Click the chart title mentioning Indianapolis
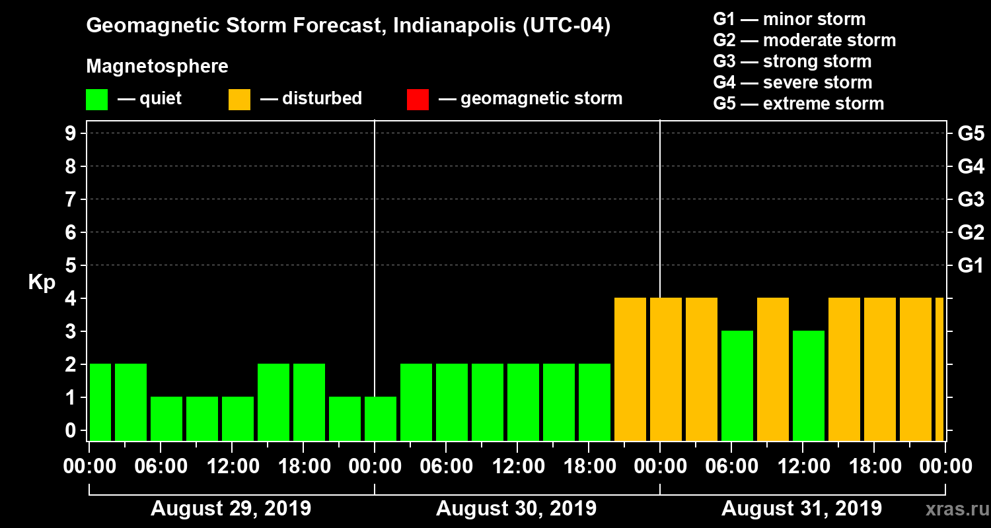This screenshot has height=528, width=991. click(348, 26)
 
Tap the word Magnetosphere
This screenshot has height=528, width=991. click(157, 67)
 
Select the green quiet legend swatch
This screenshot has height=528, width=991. click(96, 99)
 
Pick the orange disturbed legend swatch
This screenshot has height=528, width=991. click(239, 99)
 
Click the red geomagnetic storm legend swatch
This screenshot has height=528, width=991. click(418, 99)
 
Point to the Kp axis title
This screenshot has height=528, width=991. click(42, 282)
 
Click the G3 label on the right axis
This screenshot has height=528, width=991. click(971, 199)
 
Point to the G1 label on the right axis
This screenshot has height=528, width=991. click(971, 265)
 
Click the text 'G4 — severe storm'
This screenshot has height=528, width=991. click(792, 82)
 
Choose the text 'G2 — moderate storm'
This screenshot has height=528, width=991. click(804, 40)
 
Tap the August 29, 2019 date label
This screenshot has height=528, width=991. click(231, 509)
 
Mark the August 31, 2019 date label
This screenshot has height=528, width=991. click(801, 509)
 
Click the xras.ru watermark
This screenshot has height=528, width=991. click(951, 509)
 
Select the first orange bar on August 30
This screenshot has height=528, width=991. click(630, 369)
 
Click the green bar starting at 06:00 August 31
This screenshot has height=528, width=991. click(737, 385)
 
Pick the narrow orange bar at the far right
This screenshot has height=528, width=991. click(939, 369)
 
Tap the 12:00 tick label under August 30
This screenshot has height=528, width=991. click(517, 467)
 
